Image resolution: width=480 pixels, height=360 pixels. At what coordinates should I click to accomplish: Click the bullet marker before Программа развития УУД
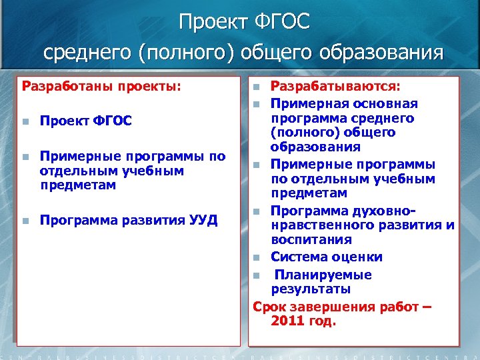(25, 221)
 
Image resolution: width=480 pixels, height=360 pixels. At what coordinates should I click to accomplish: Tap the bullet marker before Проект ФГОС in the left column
(25, 121)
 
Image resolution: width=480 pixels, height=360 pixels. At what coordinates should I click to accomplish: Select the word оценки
(359, 257)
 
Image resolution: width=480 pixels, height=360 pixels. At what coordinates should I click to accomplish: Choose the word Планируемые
(323, 275)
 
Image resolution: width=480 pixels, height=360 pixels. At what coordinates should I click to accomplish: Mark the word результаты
(310, 289)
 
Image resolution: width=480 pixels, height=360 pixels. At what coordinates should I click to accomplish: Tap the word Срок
(268, 307)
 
